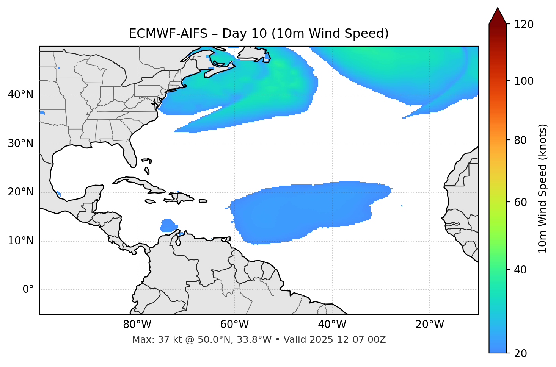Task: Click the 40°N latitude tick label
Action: click(20, 94)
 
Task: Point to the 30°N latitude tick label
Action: click(20, 144)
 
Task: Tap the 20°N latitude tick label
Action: click(20, 192)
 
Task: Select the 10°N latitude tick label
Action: click(20, 241)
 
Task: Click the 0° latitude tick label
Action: click(28, 290)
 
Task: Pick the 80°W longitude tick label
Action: click(137, 325)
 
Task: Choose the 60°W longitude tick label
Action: click(234, 325)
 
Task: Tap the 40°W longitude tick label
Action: click(332, 325)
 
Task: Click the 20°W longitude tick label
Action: click(430, 325)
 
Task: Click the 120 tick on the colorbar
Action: click(525, 25)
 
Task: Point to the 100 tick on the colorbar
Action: click(525, 81)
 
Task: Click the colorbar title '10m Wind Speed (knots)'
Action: click(543, 188)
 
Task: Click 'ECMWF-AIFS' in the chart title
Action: click(168, 34)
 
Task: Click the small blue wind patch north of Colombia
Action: click(167, 225)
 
